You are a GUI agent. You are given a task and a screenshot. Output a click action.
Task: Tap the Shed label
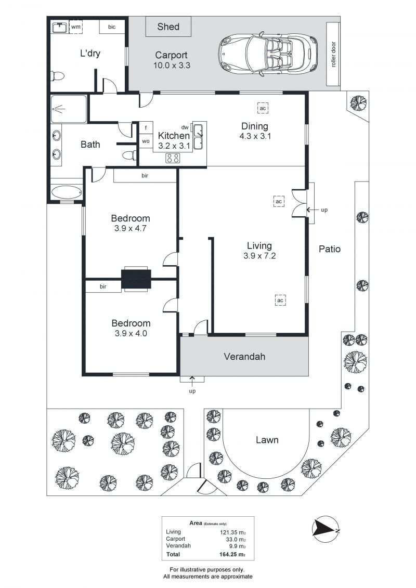pyautogui.click(x=168, y=27)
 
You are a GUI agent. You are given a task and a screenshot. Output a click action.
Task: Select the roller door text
pyautogui.click(x=333, y=55)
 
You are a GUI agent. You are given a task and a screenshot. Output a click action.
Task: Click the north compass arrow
pyautogui.click(x=326, y=528)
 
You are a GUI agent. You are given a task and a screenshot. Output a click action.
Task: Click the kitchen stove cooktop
pyautogui.click(x=173, y=158)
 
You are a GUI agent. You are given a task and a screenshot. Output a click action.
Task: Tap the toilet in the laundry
pyautogui.click(x=57, y=76)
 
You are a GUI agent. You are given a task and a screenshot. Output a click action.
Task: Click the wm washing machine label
pyautogui.click(x=76, y=26)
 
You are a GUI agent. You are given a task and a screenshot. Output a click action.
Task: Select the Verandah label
pyautogui.click(x=244, y=357)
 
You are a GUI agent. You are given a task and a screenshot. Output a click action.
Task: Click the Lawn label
pyautogui.click(x=267, y=440)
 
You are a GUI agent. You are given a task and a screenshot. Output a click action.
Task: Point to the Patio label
pyautogui.click(x=330, y=249)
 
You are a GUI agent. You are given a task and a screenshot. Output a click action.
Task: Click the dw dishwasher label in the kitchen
pyautogui.click(x=185, y=127)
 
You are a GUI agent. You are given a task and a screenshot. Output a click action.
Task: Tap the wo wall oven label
pyautogui.click(x=146, y=141)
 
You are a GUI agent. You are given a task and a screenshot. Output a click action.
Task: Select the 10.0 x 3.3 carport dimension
pyautogui.click(x=171, y=65)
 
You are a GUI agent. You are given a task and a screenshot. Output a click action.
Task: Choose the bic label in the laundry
pyautogui.click(x=112, y=26)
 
